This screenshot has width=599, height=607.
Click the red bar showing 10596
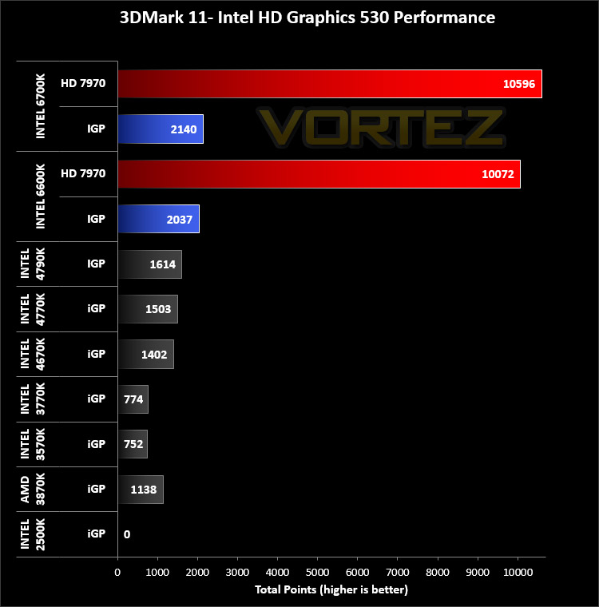[330, 84]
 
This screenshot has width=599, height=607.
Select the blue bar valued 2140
[161, 129]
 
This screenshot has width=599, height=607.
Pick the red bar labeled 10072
[319, 174]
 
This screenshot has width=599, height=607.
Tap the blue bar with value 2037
[159, 219]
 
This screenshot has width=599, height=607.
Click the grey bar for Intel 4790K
[150, 264]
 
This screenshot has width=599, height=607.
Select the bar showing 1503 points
[148, 309]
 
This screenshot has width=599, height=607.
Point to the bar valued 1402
[146, 354]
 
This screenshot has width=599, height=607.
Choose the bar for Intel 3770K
[133, 399]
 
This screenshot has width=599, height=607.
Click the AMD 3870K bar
[141, 490]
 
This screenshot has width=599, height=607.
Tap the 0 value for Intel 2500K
[127, 534]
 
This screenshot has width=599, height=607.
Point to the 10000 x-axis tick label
[518, 572]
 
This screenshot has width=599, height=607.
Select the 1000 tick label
[157, 572]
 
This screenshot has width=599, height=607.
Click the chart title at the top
[307, 18]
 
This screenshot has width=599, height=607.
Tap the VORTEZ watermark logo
[381, 128]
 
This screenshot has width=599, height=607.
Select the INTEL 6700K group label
[40, 106]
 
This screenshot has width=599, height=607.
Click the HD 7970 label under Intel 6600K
[83, 173]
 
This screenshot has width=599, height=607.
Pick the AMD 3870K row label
[33, 490]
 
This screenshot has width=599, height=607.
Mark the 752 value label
[133, 444]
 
